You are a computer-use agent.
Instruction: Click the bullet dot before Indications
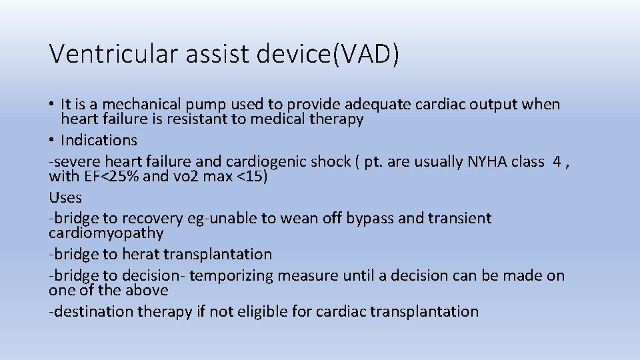pyautogui.click(x=52, y=141)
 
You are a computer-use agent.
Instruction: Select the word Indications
pyautogui.click(x=99, y=140)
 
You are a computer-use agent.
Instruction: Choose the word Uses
pyautogui.click(x=65, y=197)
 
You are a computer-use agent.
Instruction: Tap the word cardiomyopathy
pyautogui.click(x=106, y=233)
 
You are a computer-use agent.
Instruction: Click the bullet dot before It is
pyautogui.click(x=52, y=105)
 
